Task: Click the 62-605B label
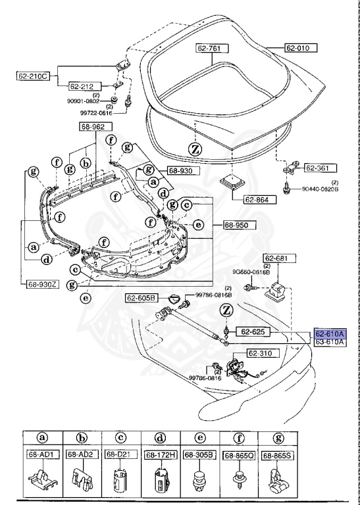(x=143, y=298)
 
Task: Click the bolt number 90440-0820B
(x=321, y=189)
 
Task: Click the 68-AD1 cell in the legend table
(x=42, y=455)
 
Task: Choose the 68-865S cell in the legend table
(x=278, y=455)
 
